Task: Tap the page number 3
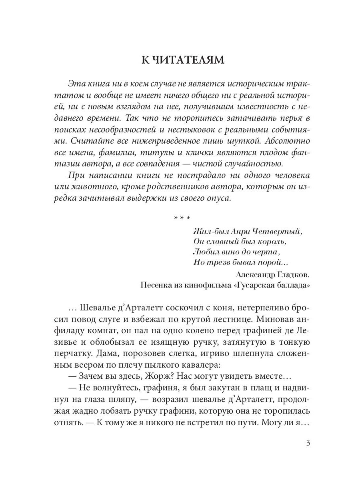[308, 443]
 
